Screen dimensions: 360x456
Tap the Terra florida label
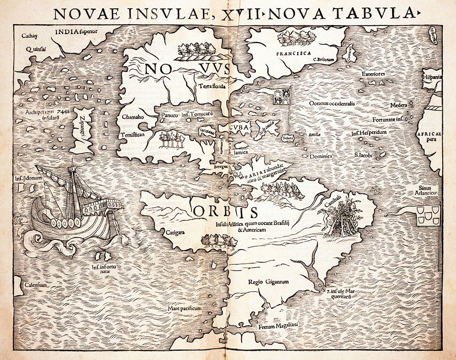coord(212,87)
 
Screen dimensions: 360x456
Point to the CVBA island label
coord(239,128)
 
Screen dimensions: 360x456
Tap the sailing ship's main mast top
coord(72,168)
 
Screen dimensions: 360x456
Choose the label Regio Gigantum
coord(269,282)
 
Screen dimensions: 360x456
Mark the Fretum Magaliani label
coord(278,327)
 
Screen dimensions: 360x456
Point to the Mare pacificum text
coord(184,308)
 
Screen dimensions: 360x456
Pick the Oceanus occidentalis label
coord(332,103)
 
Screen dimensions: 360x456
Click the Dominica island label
coord(321,156)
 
